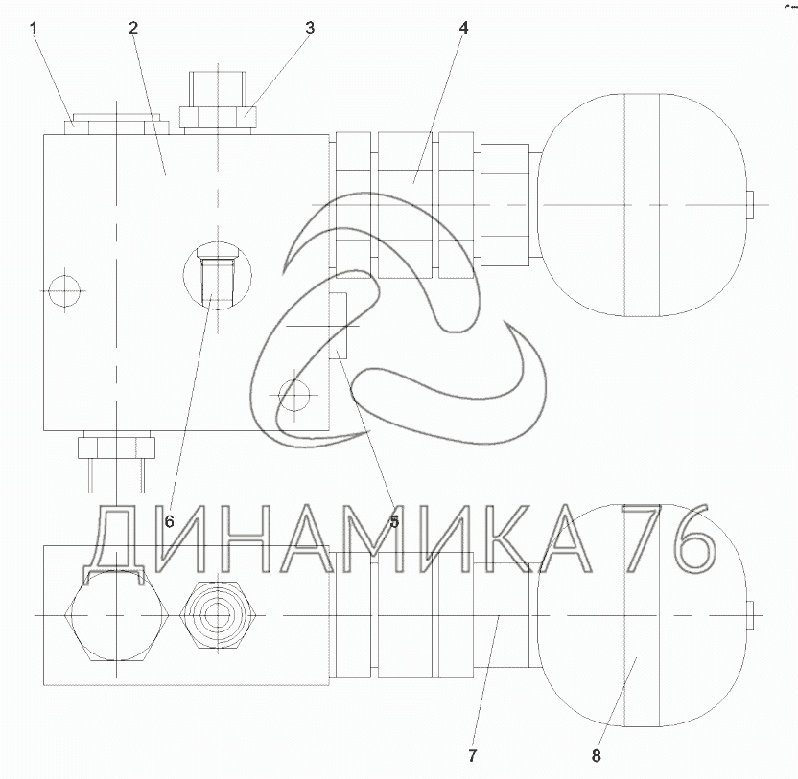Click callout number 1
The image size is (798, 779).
(x=34, y=28)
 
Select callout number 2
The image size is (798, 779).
(x=133, y=28)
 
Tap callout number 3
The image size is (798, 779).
(x=310, y=28)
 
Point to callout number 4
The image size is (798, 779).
(x=463, y=28)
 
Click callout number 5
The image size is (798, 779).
(x=394, y=521)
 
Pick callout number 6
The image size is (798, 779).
(x=170, y=521)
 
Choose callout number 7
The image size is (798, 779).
(x=472, y=756)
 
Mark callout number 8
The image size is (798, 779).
(x=596, y=756)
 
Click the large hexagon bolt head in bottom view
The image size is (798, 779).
(x=118, y=616)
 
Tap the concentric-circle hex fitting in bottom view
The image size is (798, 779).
(x=218, y=616)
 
